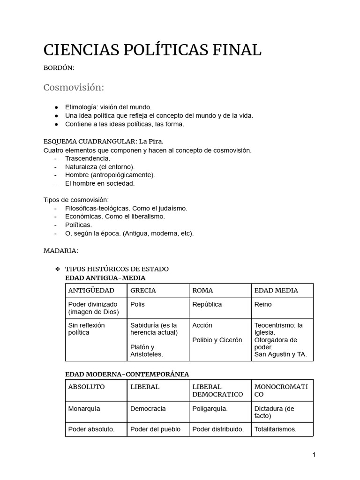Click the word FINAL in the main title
(x=234, y=50)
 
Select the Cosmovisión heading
(x=74, y=88)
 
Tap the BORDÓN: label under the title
(x=59, y=68)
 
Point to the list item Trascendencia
(x=88, y=158)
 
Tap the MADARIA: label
(x=60, y=251)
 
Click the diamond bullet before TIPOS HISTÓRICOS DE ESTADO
(x=58, y=269)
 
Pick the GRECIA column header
(x=143, y=290)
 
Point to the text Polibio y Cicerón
(x=218, y=340)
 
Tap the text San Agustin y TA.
(x=280, y=354)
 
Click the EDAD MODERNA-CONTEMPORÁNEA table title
(x=127, y=374)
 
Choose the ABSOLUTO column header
(x=86, y=387)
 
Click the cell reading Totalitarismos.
(x=275, y=429)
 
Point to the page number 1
(x=314, y=455)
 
